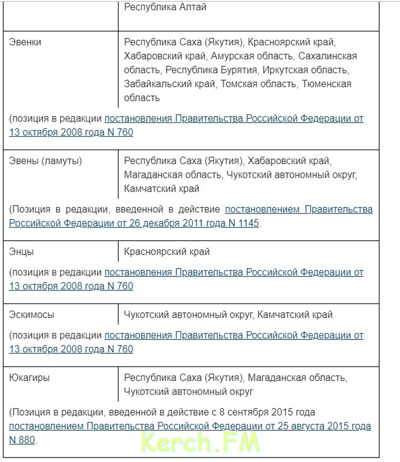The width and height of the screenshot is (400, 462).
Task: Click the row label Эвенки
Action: pos(25,43)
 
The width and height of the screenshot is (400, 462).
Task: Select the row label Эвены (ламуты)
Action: pos(46,161)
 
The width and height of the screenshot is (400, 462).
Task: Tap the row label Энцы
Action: pos(21,252)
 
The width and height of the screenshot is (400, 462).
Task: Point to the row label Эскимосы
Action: pos(32,315)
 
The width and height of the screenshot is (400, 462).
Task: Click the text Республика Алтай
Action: pos(165,7)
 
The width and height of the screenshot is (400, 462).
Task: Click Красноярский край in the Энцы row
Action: pos(167,252)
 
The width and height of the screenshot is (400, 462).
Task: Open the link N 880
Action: pos(22,440)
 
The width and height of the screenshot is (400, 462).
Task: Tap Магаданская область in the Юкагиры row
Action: pos(297,378)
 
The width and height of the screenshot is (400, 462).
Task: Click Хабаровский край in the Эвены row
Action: pos(289,161)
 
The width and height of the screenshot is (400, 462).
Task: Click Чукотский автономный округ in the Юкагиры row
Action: pos(188,391)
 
